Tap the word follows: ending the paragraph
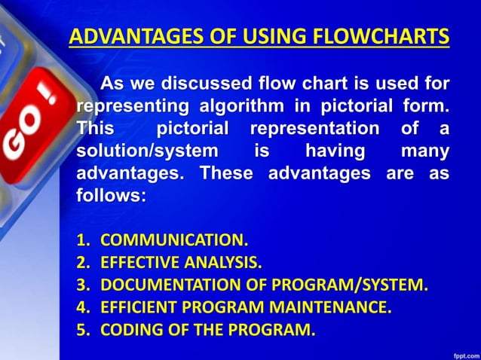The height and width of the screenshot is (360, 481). [x=110, y=197]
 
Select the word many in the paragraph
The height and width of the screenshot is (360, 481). [x=424, y=151]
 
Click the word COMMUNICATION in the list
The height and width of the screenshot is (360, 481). [x=173, y=241]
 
